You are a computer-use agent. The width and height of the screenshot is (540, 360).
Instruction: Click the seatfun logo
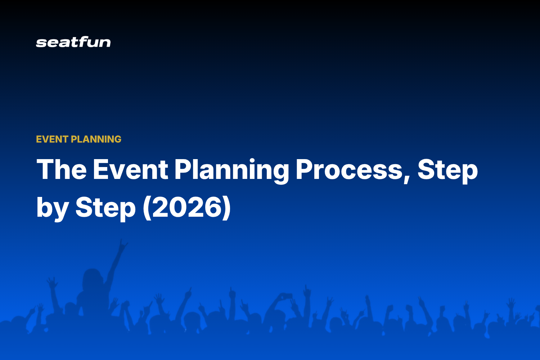pyautogui.click(x=73, y=42)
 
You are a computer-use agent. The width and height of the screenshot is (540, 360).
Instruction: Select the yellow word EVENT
pyautogui.click(x=52, y=139)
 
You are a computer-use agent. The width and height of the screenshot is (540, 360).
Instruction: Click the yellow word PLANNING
pyautogui.click(x=96, y=139)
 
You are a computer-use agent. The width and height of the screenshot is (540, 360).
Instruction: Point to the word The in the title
pyautogui.click(x=62, y=169)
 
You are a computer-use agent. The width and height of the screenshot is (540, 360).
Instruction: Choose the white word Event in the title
pyautogui.click(x=130, y=169)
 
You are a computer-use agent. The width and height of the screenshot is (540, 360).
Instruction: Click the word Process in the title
pyautogui.click(x=349, y=169)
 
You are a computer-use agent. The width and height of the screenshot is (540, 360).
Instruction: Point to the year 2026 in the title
pyautogui.click(x=187, y=207)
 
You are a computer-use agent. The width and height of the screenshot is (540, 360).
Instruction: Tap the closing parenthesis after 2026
pyautogui.click(x=227, y=208)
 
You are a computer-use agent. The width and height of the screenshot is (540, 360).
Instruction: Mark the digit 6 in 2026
pyautogui.click(x=213, y=207)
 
